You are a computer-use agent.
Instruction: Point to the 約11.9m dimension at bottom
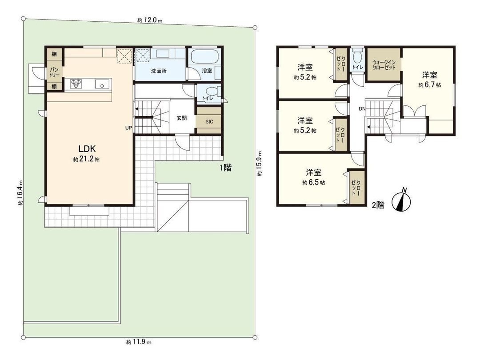tap(139, 342)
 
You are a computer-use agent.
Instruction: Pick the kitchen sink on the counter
tap(102, 84)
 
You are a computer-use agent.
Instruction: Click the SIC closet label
tap(208, 120)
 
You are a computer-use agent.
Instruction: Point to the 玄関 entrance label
tap(181, 118)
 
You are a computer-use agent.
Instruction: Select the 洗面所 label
tap(158, 71)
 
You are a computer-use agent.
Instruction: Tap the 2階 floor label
tap(377, 205)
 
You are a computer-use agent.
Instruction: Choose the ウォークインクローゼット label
tap(384, 64)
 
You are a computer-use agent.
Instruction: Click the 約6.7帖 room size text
tap(429, 84)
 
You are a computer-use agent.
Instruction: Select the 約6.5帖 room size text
tap(313, 183)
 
